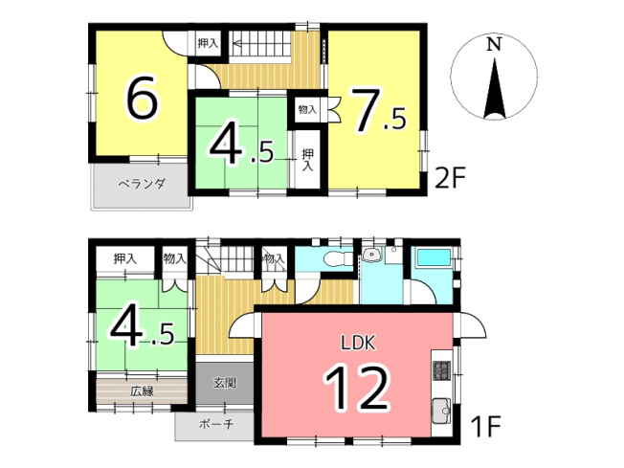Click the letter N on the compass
(x=494, y=45)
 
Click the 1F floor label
(x=484, y=426)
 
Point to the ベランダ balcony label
(x=142, y=185)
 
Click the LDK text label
(x=358, y=343)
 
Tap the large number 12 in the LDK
(x=357, y=388)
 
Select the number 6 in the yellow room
(x=142, y=97)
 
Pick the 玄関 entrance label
(x=225, y=383)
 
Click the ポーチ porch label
(x=216, y=424)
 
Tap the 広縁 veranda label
(x=142, y=391)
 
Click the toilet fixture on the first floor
(x=337, y=259)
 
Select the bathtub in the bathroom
(x=433, y=257)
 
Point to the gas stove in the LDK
(x=442, y=369)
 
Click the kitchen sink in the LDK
(x=442, y=410)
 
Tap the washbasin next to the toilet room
(x=372, y=256)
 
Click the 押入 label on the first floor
(x=125, y=259)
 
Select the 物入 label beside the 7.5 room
(x=307, y=109)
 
